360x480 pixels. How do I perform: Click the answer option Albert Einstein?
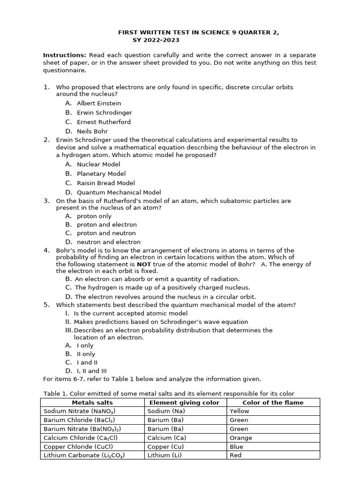[x=98, y=103]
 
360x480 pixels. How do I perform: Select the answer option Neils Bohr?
[x=92, y=131]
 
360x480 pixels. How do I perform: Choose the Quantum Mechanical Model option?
[x=119, y=192]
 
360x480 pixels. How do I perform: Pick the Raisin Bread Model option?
[x=106, y=183]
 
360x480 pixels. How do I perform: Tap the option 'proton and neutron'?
[x=106, y=233]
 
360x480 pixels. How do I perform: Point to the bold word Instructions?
[x=65, y=55]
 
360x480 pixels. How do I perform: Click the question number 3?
[x=46, y=201]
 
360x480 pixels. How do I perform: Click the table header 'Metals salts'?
[x=92, y=402]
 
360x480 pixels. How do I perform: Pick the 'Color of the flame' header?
[x=273, y=402]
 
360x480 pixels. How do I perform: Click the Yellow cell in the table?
[x=240, y=411]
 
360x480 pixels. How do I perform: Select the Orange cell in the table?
[x=241, y=438]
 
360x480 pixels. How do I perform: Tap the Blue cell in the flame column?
[x=236, y=447]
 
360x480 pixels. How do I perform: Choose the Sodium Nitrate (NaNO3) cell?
[x=81, y=411]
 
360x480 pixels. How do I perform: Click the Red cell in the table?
[x=236, y=455]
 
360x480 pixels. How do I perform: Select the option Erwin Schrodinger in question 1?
[x=104, y=112]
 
